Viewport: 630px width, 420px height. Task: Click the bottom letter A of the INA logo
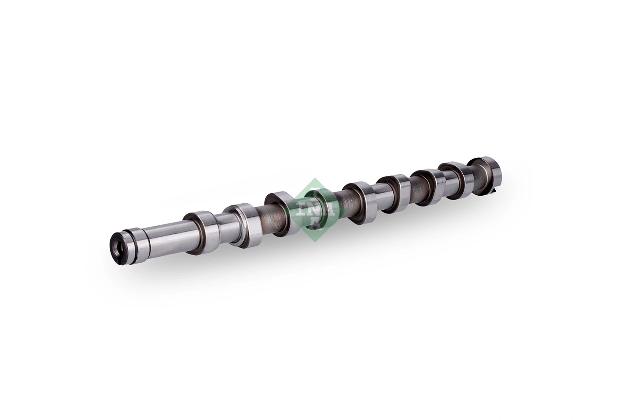coord(315,224)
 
